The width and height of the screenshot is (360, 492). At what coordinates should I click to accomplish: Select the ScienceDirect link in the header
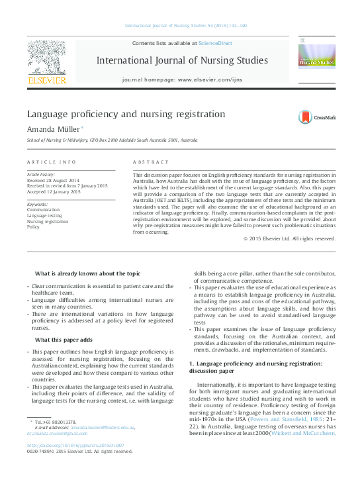point(216,42)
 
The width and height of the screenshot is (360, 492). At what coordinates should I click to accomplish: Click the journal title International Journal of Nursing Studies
point(182,60)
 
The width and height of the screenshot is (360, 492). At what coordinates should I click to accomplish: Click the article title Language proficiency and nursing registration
point(126,114)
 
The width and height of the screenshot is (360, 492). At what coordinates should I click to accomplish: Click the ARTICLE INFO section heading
point(52,162)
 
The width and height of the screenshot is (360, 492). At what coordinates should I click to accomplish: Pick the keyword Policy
point(33,227)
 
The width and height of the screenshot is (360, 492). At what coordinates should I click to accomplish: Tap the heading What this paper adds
point(66,340)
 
